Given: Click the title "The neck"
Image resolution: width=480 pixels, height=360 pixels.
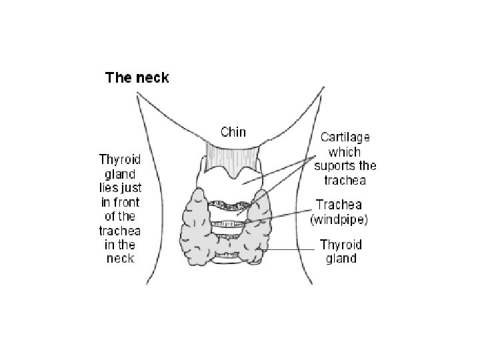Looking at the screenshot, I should tap(137, 77).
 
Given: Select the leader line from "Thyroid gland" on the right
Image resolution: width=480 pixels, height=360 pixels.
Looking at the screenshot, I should tap(293, 250).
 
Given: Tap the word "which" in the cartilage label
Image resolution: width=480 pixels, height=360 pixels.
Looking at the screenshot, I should tap(346, 152).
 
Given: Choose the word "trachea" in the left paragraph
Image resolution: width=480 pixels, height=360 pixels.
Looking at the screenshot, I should tap(120, 230).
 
